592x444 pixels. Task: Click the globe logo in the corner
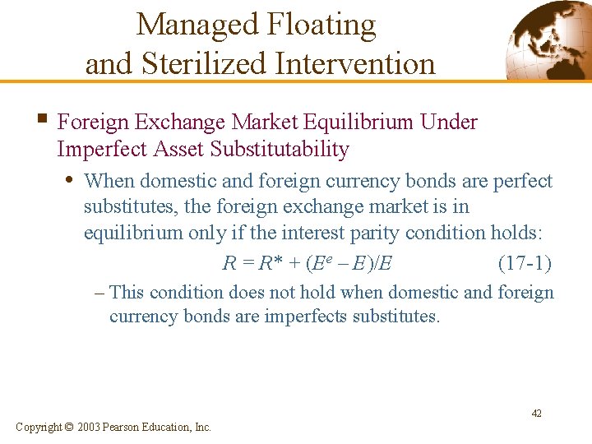(x=547, y=40)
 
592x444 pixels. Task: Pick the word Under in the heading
(x=448, y=123)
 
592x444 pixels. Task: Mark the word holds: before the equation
(x=515, y=233)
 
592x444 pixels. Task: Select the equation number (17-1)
(x=525, y=264)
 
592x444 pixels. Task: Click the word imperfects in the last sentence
(x=301, y=317)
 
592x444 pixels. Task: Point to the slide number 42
(x=536, y=414)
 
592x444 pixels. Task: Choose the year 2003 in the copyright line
(x=91, y=428)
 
